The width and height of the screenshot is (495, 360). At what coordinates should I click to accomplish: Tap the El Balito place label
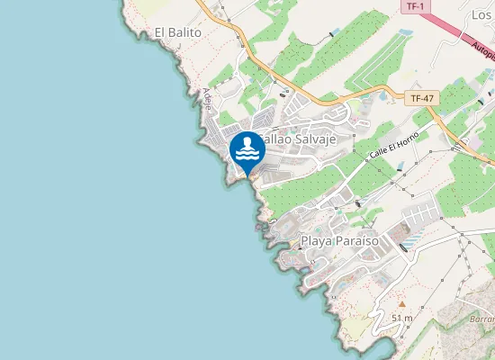point(176,32)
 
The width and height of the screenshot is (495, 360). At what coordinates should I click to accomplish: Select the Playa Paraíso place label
point(339,241)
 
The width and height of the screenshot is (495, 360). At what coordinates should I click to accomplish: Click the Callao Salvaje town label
point(297,139)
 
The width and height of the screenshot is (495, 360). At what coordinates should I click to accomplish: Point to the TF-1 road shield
point(414,6)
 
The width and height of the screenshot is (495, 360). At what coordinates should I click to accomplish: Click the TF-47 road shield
point(420,97)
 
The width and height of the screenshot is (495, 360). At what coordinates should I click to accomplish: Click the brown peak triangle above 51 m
point(401,302)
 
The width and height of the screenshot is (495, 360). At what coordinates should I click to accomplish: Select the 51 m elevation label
point(402,318)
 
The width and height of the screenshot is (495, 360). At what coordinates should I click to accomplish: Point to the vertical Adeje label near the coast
point(208,98)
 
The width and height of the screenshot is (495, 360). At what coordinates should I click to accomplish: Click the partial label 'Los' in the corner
point(481,15)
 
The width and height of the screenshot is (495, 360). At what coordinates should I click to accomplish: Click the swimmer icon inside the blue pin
point(247,148)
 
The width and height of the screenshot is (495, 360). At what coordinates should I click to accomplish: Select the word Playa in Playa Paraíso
point(316,241)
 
